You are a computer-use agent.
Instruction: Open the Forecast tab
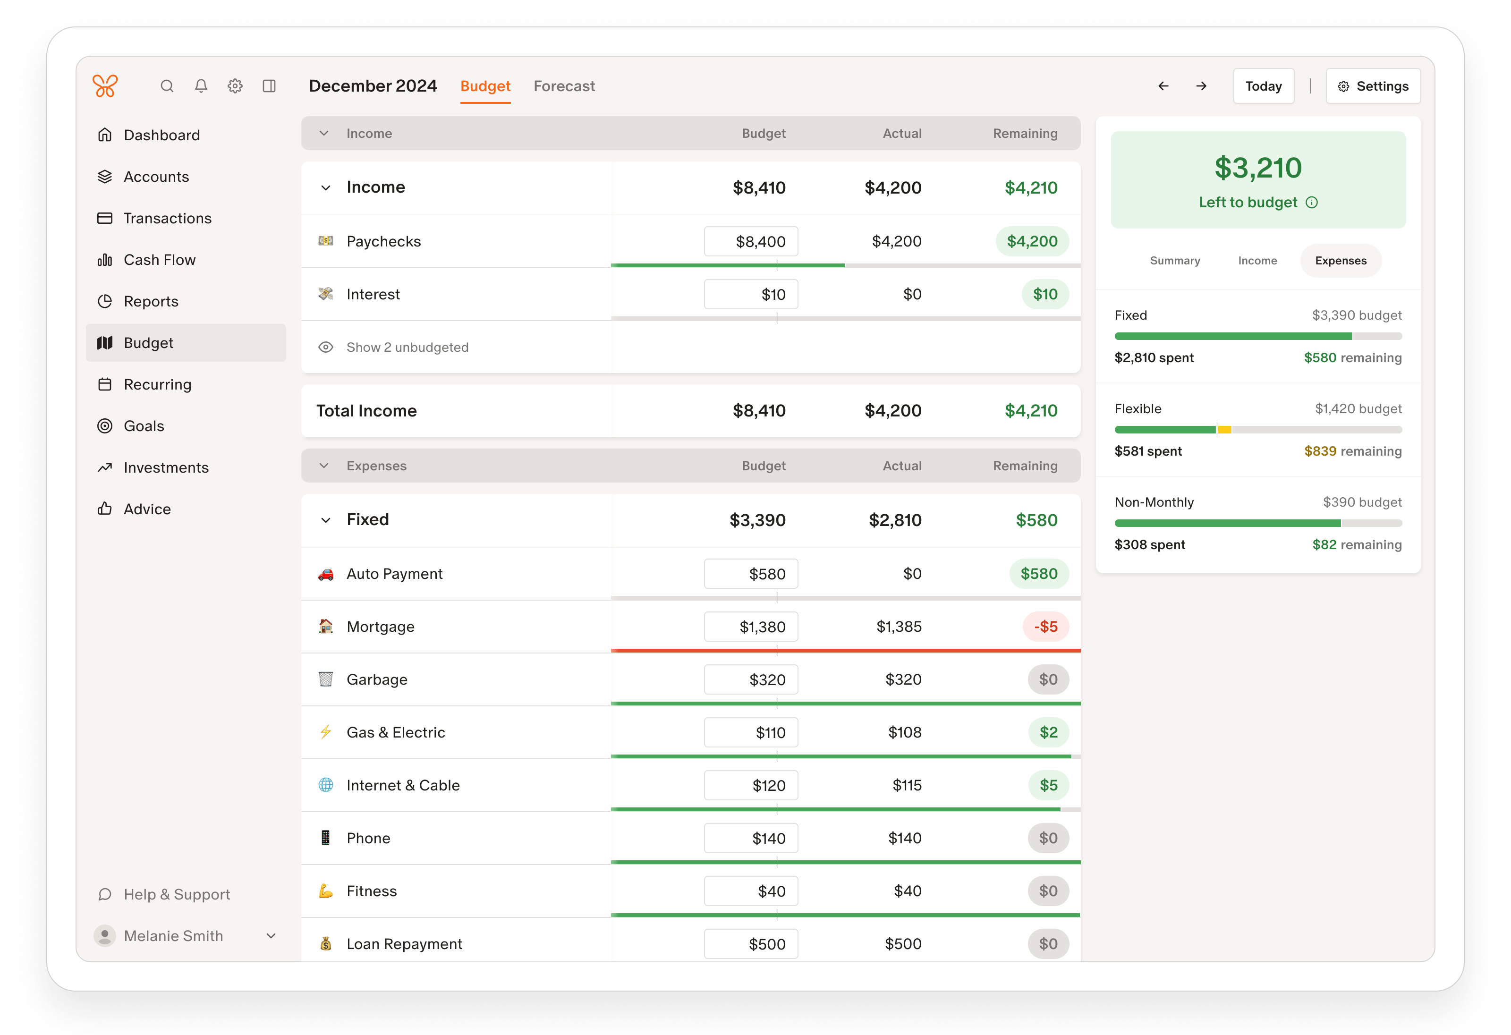pos(564,86)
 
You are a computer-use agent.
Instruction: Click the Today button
pos(1263,86)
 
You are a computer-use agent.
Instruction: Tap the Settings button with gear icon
pos(1373,86)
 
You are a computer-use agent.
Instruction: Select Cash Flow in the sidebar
pos(159,260)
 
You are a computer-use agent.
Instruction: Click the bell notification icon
pos(201,86)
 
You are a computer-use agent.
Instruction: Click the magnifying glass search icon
pos(167,86)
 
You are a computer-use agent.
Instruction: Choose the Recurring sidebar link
pos(157,385)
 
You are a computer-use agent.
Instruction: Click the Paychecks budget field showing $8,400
pos(750,242)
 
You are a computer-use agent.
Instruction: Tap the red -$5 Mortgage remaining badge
pos(1045,627)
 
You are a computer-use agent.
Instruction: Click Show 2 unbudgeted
pos(407,348)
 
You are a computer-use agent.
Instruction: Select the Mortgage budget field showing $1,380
pos(750,627)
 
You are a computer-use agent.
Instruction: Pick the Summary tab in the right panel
pos(1174,261)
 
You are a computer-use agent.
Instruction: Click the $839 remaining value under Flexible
pos(1320,451)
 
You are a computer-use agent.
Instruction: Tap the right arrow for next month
pos(1201,86)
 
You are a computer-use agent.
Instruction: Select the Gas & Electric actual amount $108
pos(904,733)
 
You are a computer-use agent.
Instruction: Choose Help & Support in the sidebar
pos(176,895)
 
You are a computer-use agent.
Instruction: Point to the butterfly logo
pos(105,86)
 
